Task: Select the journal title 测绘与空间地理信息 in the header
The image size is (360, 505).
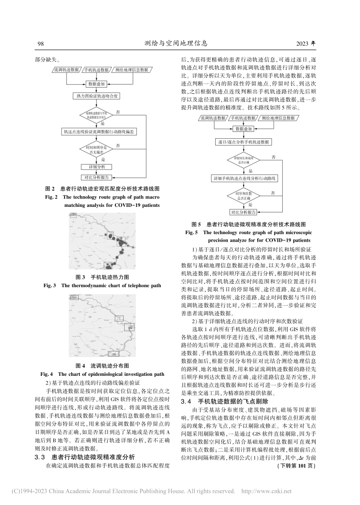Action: pos(176,43)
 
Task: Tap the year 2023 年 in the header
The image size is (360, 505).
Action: pos(308,43)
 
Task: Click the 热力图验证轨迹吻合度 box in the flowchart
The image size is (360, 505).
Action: pos(97,96)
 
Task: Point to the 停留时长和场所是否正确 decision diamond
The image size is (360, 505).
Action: pos(243,159)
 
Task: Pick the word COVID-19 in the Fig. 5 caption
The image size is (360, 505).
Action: pos(295,240)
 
